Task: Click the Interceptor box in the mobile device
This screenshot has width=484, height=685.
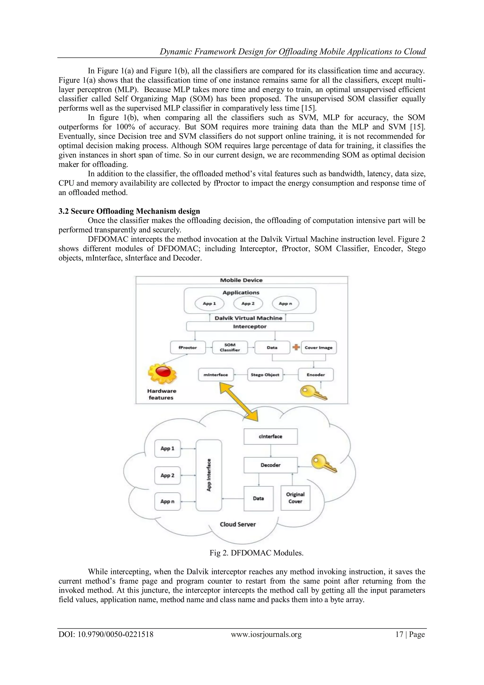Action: click(x=250, y=326)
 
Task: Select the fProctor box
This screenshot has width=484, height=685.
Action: click(x=188, y=348)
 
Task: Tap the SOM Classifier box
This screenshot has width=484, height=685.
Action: click(x=230, y=348)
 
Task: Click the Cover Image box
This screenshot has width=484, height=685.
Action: click(x=319, y=348)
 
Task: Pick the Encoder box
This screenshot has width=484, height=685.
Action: click(x=315, y=375)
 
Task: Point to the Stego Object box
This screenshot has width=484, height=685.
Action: click(x=265, y=375)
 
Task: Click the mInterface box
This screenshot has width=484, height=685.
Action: click(x=216, y=375)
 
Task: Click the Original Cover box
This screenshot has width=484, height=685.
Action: click(x=295, y=498)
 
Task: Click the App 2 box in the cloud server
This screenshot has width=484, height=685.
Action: click(x=168, y=476)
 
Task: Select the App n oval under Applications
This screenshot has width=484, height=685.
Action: click(x=285, y=304)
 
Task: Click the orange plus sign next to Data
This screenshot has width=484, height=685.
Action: click(x=296, y=347)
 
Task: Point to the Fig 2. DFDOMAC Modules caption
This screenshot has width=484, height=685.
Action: click(x=256, y=553)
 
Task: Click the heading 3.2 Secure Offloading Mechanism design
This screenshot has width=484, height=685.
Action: click(x=129, y=211)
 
